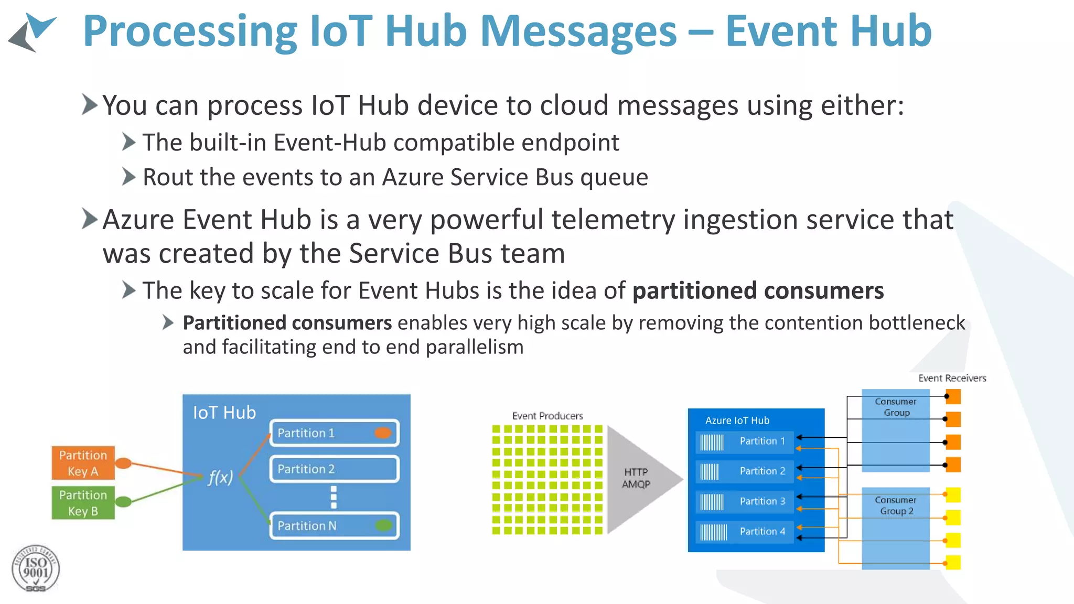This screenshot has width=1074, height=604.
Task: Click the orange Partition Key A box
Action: (83, 462)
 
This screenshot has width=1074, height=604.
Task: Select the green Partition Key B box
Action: (83, 502)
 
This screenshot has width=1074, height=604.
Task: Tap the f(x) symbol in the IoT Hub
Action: (220, 477)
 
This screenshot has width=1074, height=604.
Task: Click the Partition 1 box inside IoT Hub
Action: (334, 433)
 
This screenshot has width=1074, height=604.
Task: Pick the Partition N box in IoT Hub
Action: (334, 525)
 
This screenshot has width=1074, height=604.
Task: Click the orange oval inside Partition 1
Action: (383, 433)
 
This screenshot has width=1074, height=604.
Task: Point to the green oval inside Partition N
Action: (384, 525)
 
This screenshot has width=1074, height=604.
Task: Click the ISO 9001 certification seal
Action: (36, 569)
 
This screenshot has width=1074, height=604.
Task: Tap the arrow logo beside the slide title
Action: (33, 33)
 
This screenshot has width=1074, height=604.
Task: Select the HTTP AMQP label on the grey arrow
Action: (636, 478)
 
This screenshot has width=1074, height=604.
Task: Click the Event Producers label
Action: (547, 416)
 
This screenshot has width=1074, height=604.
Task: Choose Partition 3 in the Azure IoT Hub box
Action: (745, 501)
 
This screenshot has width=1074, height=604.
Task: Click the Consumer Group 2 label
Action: (896, 505)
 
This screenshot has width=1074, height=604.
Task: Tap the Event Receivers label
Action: (952, 378)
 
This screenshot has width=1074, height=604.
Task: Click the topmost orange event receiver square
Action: (953, 397)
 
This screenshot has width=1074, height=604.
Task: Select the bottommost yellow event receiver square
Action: (953, 563)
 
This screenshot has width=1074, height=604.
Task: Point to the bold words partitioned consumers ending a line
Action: (758, 291)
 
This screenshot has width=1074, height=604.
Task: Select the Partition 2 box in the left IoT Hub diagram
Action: (334, 469)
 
